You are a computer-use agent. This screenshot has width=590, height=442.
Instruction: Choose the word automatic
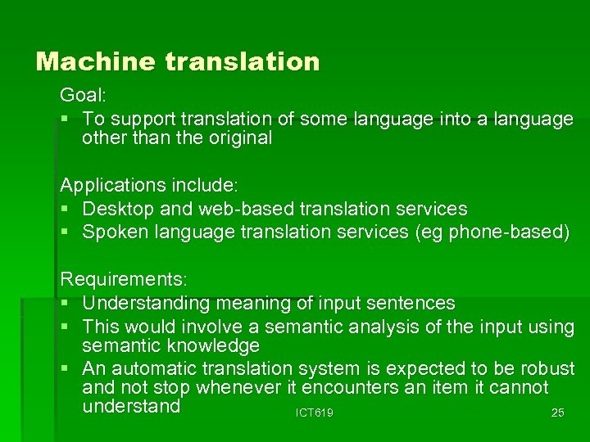pos(153,368)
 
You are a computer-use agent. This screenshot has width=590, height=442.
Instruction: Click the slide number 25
pos(557,413)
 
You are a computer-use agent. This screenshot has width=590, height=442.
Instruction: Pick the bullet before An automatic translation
pos(66,369)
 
